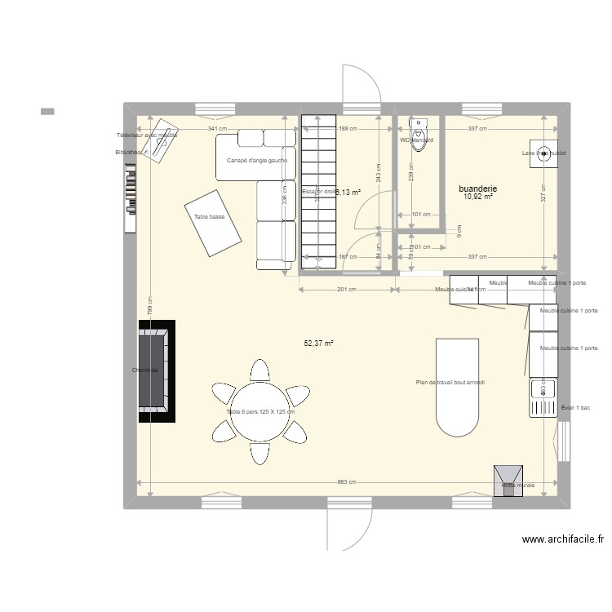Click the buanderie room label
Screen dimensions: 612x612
pyautogui.click(x=478, y=188)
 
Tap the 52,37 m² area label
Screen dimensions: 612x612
pyautogui.click(x=319, y=344)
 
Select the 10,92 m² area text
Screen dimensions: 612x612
pyautogui.click(x=478, y=197)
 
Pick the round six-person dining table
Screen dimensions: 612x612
pyautogui.click(x=260, y=411)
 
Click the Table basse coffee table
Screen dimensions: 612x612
pyautogui.click(x=212, y=222)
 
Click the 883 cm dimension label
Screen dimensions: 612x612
pyautogui.click(x=346, y=482)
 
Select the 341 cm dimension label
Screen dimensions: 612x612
pyautogui.click(x=217, y=129)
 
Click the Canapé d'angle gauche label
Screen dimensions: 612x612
pyautogui.click(x=256, y=160)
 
